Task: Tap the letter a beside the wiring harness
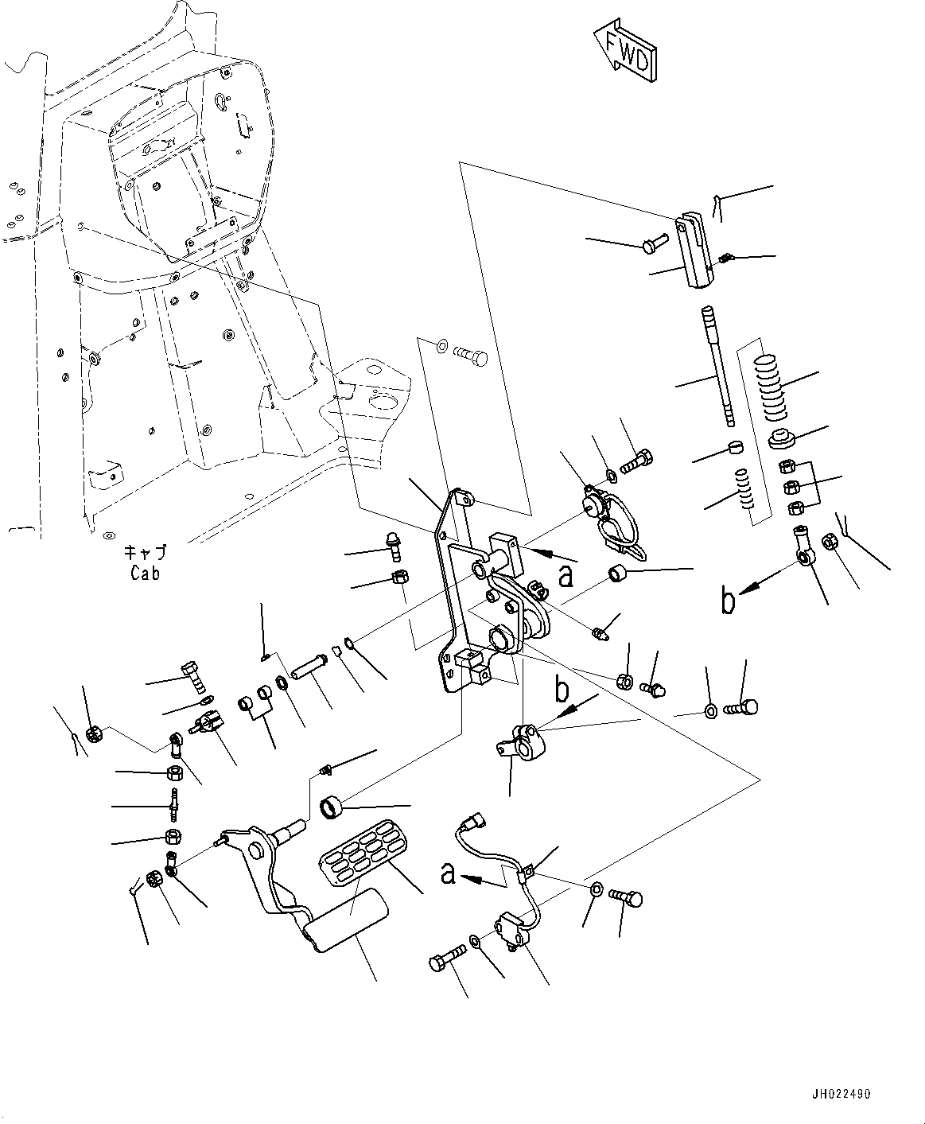pos(449,874)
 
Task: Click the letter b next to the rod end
pos(728,602)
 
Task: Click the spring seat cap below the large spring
pos(781,438)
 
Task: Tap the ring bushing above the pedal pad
pos(332,808)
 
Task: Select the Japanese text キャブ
pos(145,553)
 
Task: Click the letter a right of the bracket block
pos(565,576)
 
